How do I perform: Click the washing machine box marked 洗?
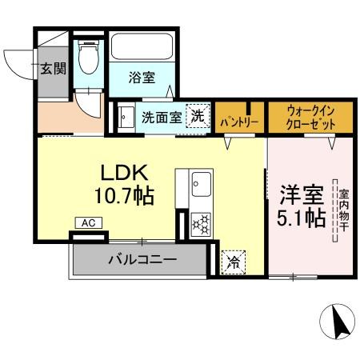coord(196,116)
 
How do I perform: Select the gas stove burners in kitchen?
coord(199,223)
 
